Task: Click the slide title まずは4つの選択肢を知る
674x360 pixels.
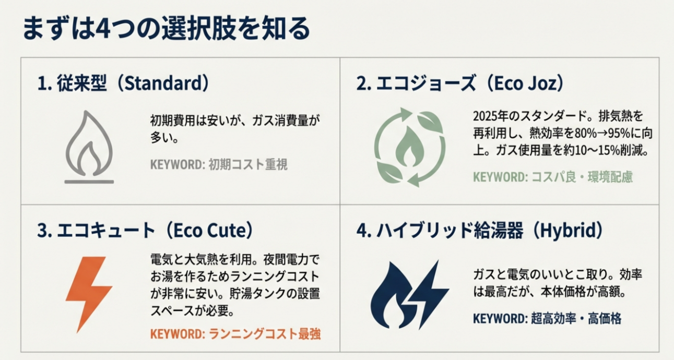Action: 165,29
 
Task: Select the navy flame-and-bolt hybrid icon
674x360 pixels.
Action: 409,295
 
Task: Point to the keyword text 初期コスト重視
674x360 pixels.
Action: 247,165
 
